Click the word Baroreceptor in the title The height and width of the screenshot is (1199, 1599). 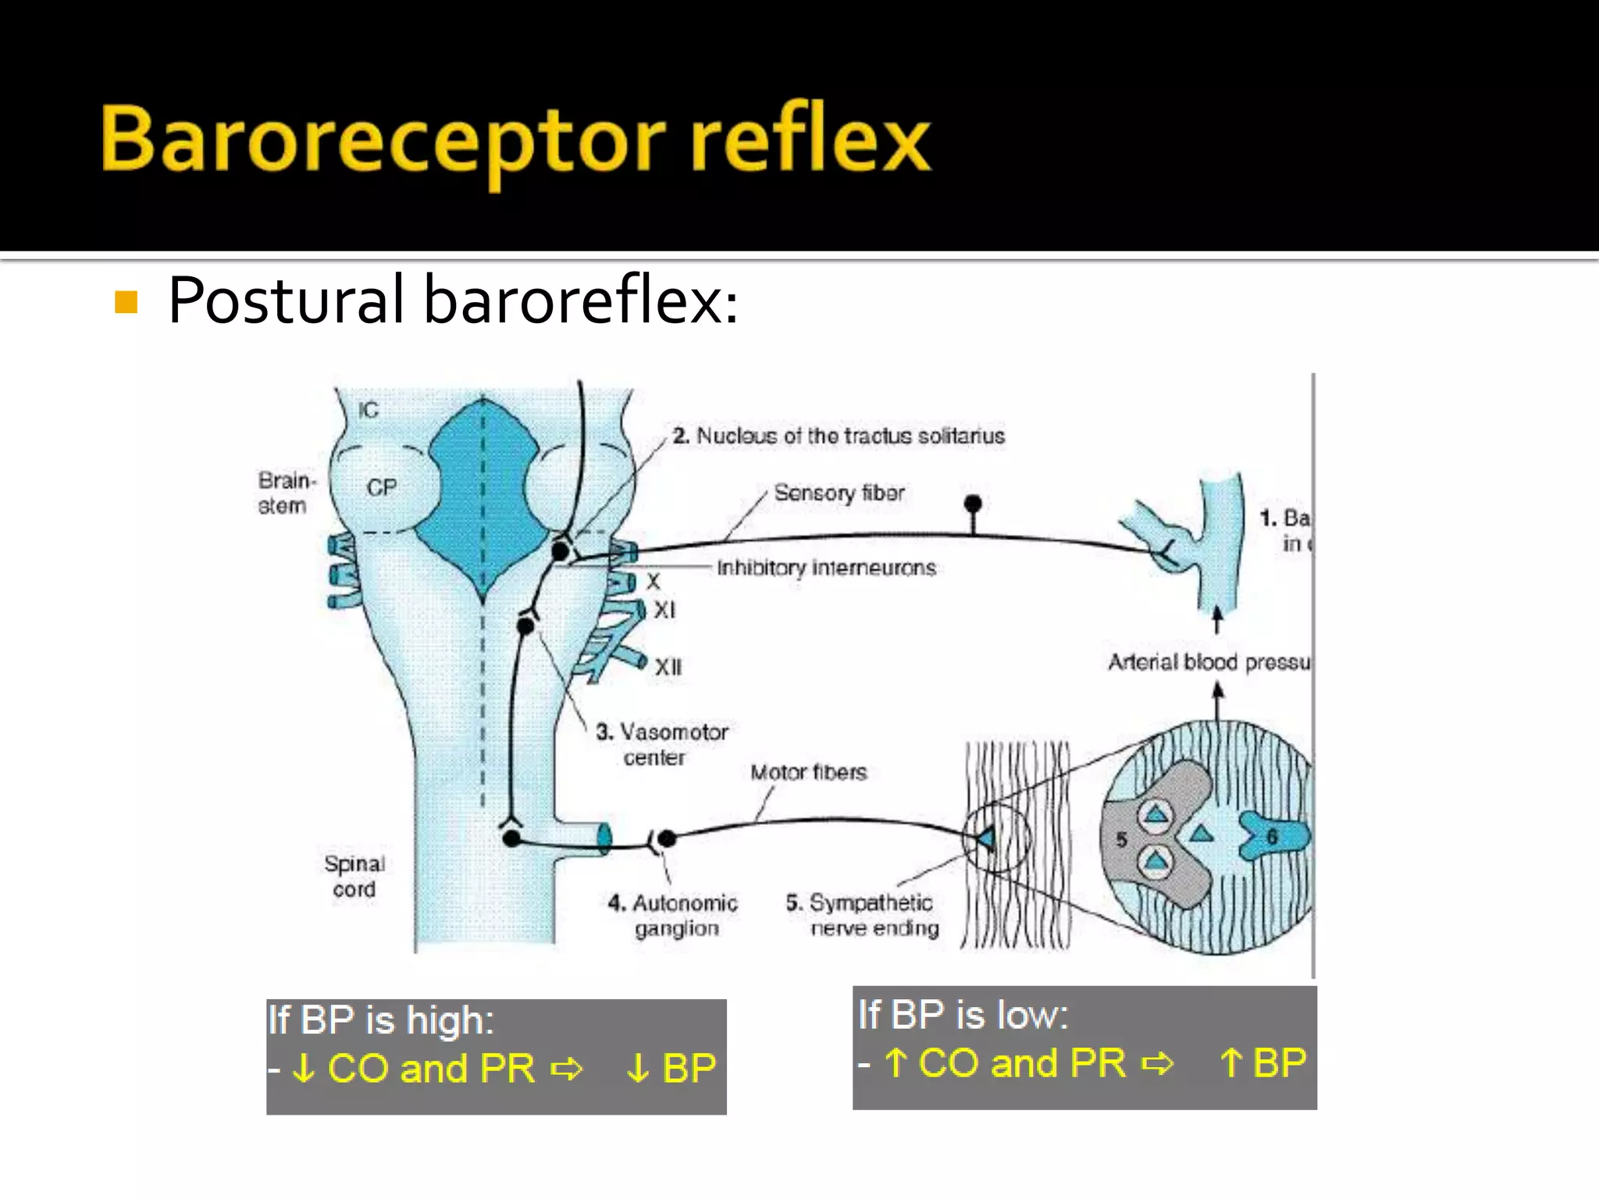coord(383,141)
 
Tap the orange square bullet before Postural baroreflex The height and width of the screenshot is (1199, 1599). coord(126,302)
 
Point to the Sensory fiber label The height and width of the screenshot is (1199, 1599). coord(839,493)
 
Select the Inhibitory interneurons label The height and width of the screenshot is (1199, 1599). coord(826,567)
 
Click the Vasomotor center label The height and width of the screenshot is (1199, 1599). coord(662,744)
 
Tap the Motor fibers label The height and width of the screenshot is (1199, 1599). coord(808,772)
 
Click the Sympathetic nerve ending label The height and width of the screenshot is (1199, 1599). coord(863,915)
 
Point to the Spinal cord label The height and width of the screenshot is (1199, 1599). coord(354,876)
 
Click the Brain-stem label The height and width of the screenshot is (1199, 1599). coord(285,493)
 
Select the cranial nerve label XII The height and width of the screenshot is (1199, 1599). coord(668,667)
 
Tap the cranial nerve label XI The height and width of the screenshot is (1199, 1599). coord(664,610)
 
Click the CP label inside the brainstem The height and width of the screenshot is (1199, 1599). coord(382,488)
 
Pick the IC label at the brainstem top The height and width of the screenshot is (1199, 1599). coord(368,410)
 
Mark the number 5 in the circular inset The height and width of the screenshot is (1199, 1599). coord(1121,840)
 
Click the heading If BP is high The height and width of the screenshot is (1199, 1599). coord(381,1020)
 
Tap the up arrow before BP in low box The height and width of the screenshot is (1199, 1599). coord(1231,1063)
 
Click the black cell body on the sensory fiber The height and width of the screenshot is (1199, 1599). coord(973,503)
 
